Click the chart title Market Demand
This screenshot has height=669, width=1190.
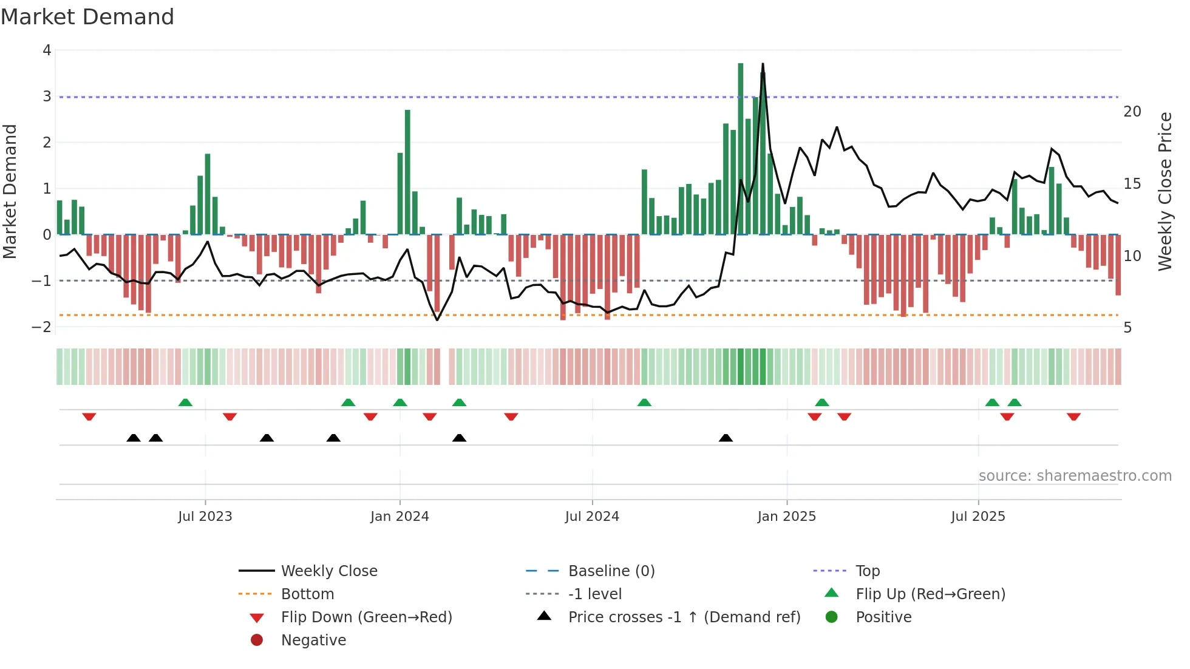tap(87, 17)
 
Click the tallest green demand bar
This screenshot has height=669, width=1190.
tap(741, 149)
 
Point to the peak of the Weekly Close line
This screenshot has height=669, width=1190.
tap(763, 64)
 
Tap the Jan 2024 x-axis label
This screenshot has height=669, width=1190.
tap(399, 517)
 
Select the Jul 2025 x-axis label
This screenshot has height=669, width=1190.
tap(977, 517)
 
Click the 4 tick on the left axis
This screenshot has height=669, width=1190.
tap(47, 50)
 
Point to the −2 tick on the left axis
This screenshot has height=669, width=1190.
tap(42, 327)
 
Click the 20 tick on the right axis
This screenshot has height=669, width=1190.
tap(1132, 112)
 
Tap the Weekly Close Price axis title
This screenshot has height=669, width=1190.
tap(1164, 191)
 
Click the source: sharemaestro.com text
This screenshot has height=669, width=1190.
tap(1075, 476)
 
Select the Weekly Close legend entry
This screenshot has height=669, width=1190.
tap(328, 571)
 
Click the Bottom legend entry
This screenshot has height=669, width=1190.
tap(307, 594)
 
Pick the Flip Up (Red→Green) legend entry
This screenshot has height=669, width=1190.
tap(930, 594)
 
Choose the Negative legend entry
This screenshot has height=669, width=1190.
tap(313, 640)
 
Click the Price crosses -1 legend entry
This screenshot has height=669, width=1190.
tap(684, 617)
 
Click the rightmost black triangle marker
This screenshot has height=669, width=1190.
tap(726, 438)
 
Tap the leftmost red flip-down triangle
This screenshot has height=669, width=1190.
tap(89, 416)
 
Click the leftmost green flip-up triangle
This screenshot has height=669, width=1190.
tap(186, 402)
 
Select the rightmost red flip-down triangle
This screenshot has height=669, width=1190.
tap(1073, 416)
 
